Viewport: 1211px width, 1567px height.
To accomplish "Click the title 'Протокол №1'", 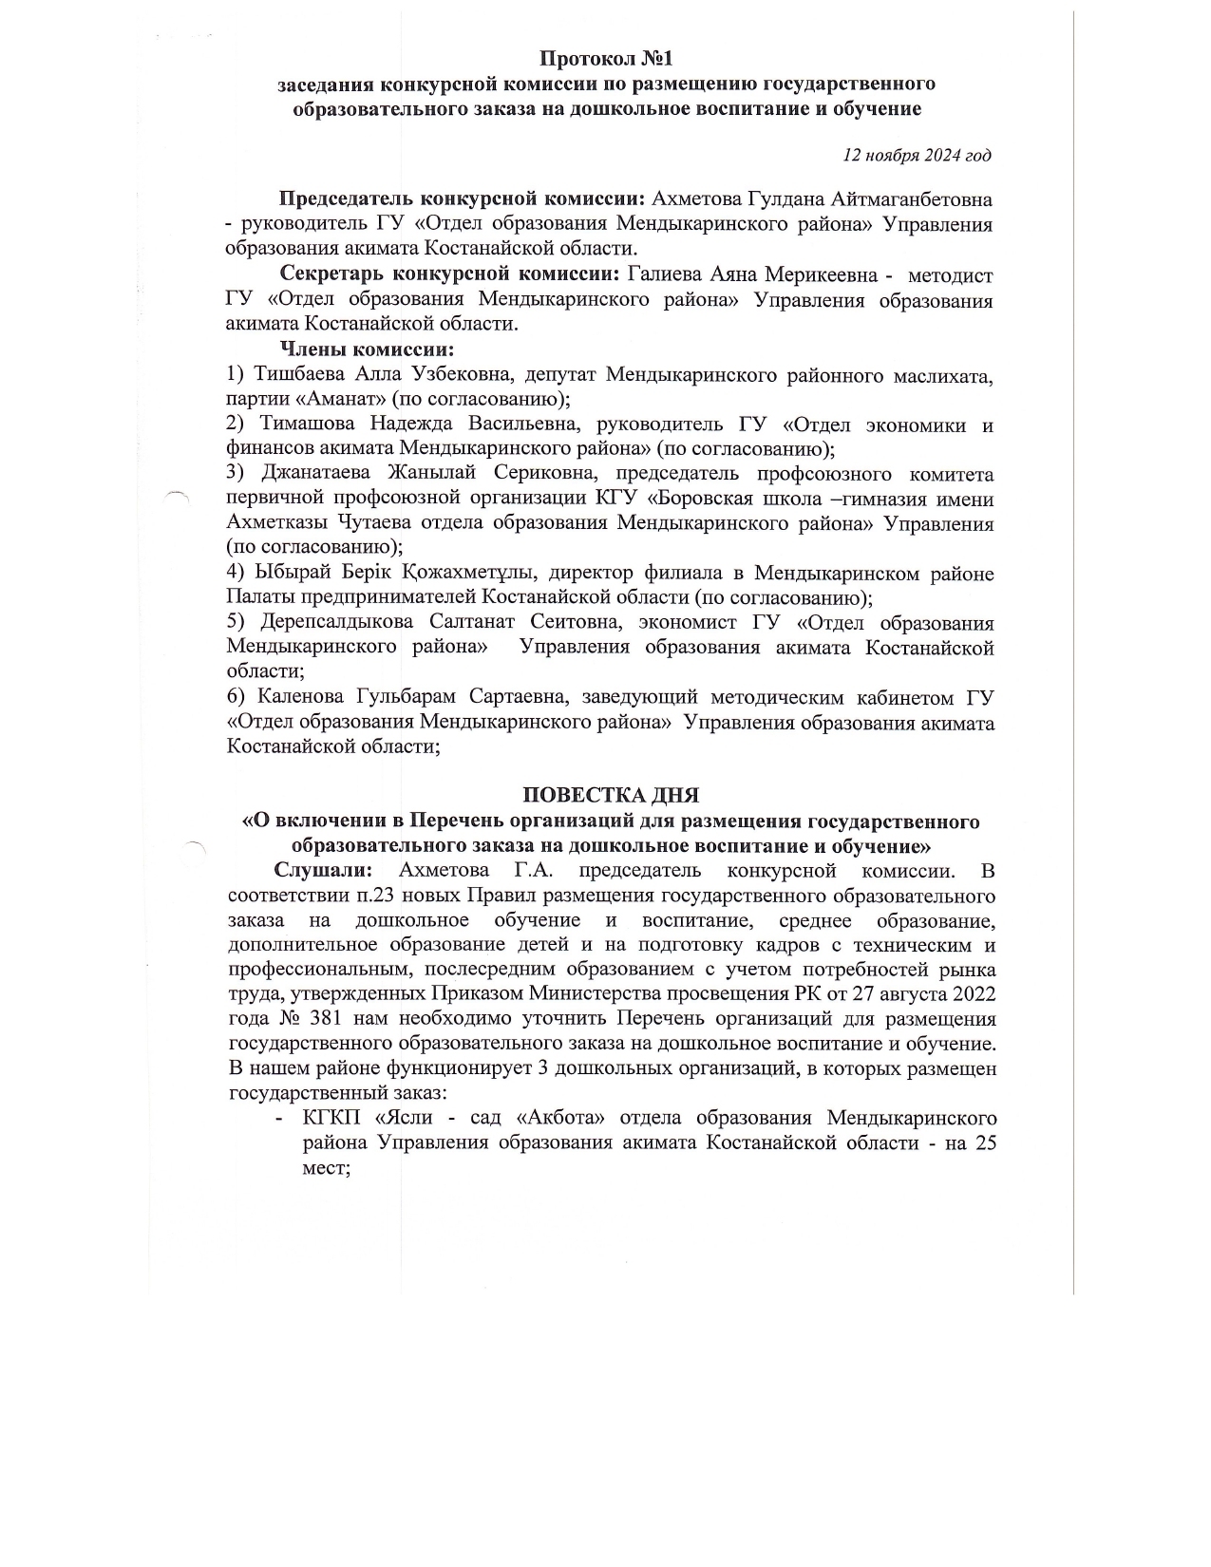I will coord(605,59).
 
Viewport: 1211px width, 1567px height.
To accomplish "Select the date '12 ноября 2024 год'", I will coord(918,155).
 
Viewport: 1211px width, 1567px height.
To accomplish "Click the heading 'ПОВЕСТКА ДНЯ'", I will coord(611,795).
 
